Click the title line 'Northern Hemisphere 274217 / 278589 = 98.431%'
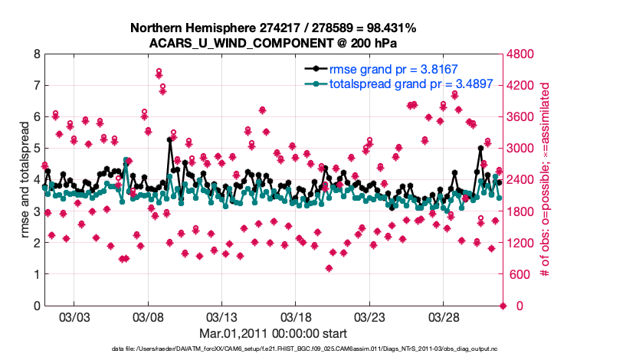[x=274, y=28]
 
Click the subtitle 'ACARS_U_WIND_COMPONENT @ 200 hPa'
[x=274, y=43]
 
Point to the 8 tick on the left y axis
[x=35, y=55]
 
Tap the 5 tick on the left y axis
[x=35, y=149]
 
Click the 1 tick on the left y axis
[x=35, y=274]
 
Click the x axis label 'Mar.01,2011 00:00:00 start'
[x=274, y=334]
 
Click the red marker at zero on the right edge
[x=503, y=306]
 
